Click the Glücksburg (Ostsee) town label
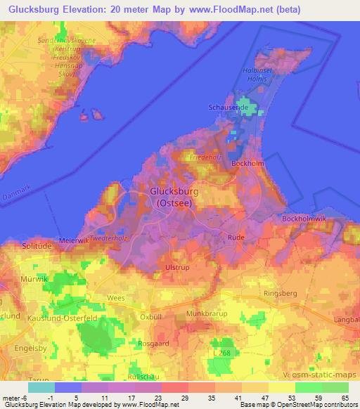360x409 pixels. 175,196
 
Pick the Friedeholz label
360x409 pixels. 206,157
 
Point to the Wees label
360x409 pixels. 117,298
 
